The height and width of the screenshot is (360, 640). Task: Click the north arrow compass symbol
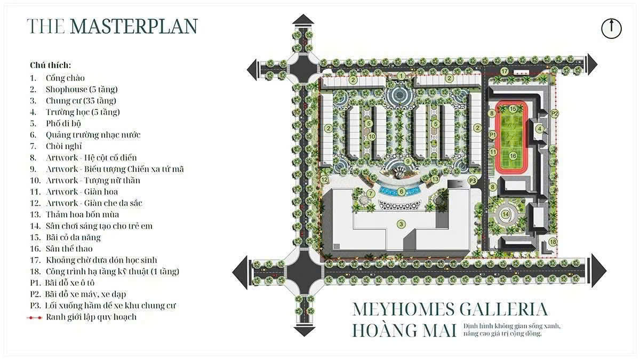point(611,28)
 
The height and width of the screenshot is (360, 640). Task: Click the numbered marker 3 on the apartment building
point(401,224)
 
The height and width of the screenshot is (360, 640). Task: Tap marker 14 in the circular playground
point(505,214)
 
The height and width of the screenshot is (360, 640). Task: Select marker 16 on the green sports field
point(513,156)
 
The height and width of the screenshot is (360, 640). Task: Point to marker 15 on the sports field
point(513,109)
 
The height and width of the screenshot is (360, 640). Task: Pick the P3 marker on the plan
point(473,181)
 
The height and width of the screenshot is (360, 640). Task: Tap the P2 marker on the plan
point(554,114)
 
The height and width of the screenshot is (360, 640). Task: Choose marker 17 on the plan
point(504,71)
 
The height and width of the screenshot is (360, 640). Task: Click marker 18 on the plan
point(553,242)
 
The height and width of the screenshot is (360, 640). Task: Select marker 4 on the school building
point(540,129)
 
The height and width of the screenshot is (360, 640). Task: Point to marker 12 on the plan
point(325,180)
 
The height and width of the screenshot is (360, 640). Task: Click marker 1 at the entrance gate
point(401,76)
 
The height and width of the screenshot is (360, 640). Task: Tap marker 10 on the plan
point(372,137)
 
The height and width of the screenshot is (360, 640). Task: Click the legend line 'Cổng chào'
point(65,78)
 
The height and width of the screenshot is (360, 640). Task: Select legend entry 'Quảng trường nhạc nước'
point(93,135)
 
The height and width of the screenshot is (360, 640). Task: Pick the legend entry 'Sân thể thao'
point(69,249)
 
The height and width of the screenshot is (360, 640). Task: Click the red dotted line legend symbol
point(35,317)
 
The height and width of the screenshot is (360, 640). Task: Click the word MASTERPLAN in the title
point(133,26)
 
